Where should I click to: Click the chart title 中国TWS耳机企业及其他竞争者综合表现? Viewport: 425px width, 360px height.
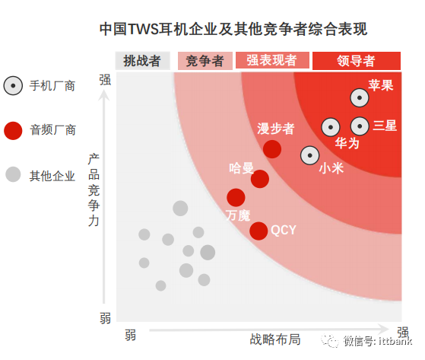click(233, 29)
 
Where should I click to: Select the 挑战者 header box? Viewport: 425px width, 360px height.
click(143, 61)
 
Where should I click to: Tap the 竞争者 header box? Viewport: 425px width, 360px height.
click(205, 61)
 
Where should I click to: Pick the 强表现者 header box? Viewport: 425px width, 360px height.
click(272, 60)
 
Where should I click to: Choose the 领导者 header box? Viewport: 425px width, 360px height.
click(357, 61)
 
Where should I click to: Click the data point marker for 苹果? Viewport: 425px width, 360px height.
click(360, 97)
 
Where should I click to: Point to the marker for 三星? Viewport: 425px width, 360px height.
click(360, 126)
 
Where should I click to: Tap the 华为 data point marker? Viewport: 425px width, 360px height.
click(331, 127)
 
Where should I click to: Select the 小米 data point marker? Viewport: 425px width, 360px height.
click(309, 155)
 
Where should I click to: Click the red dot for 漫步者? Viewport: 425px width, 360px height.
click(272, 149)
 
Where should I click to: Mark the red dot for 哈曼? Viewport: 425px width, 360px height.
click(260, 179)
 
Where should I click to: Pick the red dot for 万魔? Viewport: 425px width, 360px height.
click(236, 197)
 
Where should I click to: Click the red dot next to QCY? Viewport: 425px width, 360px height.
click(258, 231)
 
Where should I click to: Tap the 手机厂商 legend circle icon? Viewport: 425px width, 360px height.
click(13, 85)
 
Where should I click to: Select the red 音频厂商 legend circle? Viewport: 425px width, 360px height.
click(13, 131)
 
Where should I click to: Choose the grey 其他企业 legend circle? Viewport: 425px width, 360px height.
click(13, 174)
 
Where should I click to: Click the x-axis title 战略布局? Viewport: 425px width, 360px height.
click(275, 339)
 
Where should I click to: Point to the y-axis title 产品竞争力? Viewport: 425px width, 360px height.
click(94, 190)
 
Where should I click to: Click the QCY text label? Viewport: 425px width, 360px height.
click(284, 231)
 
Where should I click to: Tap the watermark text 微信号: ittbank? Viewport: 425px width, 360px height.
click(378, 341)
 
